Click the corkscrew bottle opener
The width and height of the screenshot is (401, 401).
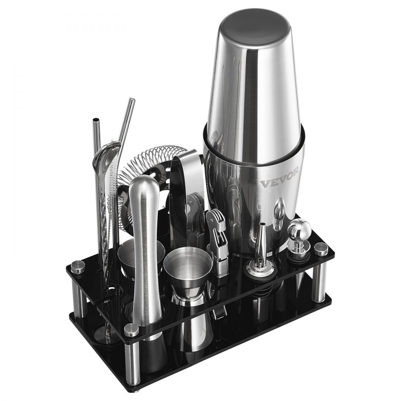[x=217, y=241]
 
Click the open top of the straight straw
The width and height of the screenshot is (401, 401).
[x=95, y=122]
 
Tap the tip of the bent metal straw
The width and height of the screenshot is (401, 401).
[x=131, y=100]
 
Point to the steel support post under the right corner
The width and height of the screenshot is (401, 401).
[x=319, y=283]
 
